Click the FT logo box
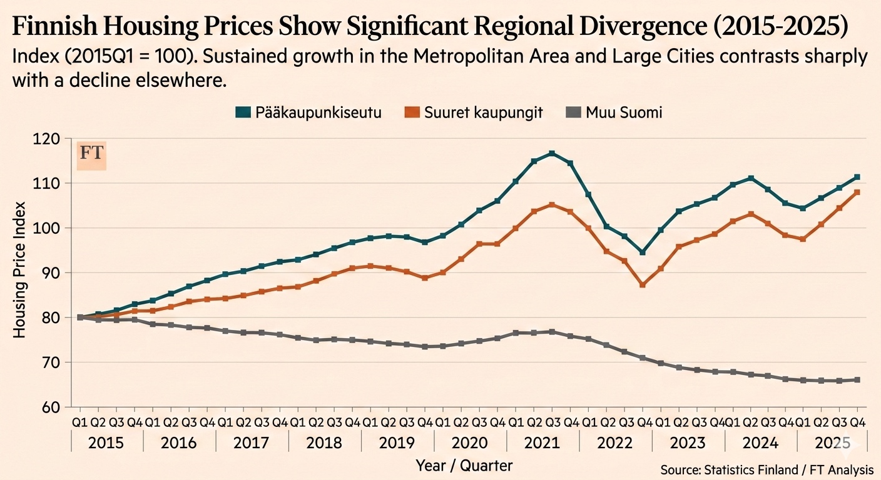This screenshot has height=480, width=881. click(91, 154)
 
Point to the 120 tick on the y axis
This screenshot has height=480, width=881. click(54, 139)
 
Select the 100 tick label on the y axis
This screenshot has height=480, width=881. click(54, 228)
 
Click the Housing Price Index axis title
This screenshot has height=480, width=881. click(20, 270)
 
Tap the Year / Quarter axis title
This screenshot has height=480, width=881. click(464, 465)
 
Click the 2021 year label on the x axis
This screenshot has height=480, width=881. click(542, 444)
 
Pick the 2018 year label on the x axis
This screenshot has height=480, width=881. click(325, 444)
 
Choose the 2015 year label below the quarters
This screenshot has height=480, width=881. click(106, 444)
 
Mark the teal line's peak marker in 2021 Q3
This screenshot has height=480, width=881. click(552, 154)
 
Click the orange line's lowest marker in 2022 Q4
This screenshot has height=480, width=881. click(643, 284)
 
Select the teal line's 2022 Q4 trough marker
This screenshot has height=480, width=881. click(643, 252)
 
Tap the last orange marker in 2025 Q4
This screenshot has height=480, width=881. click(857, 192)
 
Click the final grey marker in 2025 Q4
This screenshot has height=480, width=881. click(857, 380)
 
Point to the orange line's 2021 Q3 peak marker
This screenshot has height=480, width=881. click(552, 204)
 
